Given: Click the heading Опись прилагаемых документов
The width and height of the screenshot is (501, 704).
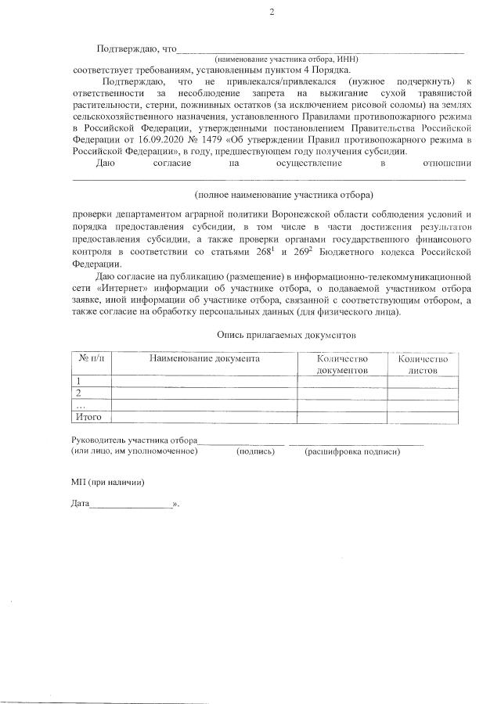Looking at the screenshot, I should [x=287, y=334].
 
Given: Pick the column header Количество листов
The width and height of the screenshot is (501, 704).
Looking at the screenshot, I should [x=423, y=364].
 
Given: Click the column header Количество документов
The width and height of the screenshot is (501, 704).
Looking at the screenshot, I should [x=341, y=364].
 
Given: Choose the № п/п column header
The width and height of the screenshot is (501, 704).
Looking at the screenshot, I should [x=92, y=358].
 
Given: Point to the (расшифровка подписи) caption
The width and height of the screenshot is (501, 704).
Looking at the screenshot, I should [x=352, y=452].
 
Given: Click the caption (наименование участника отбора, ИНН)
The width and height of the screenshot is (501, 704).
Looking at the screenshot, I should [x=287, y=59].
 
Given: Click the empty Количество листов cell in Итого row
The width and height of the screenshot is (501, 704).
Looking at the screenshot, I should [x=423, y=417].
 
